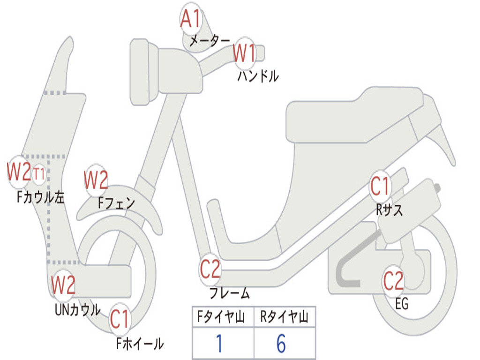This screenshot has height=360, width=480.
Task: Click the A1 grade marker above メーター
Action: (x=191, y=19)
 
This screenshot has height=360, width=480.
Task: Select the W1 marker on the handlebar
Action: (x=244, y=53)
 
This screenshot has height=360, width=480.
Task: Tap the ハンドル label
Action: (x=258, y=76)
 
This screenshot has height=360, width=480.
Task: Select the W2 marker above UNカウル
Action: (x=63, y=285)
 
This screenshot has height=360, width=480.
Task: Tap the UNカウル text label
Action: (x=78, y=310)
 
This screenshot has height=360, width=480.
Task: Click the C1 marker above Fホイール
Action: (x=120, y=320)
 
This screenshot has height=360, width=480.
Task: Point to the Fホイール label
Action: (x=139, y=344)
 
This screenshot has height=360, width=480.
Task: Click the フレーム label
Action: (x=229, y=294)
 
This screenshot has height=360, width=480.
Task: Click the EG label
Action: (x=402, y=304)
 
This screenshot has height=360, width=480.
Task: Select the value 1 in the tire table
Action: (x=219, y=344)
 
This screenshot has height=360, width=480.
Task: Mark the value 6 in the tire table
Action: (x=281, y=344)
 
